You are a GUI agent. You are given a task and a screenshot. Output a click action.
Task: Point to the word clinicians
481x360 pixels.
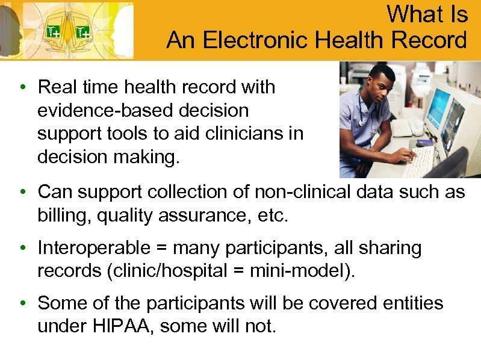tap(244, 134)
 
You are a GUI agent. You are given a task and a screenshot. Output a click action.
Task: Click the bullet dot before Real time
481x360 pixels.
tap(22, 88)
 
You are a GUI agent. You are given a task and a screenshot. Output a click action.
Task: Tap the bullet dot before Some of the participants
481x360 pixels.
tap(22, 303)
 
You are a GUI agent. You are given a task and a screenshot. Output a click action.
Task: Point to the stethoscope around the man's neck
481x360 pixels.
tap(365, 114)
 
